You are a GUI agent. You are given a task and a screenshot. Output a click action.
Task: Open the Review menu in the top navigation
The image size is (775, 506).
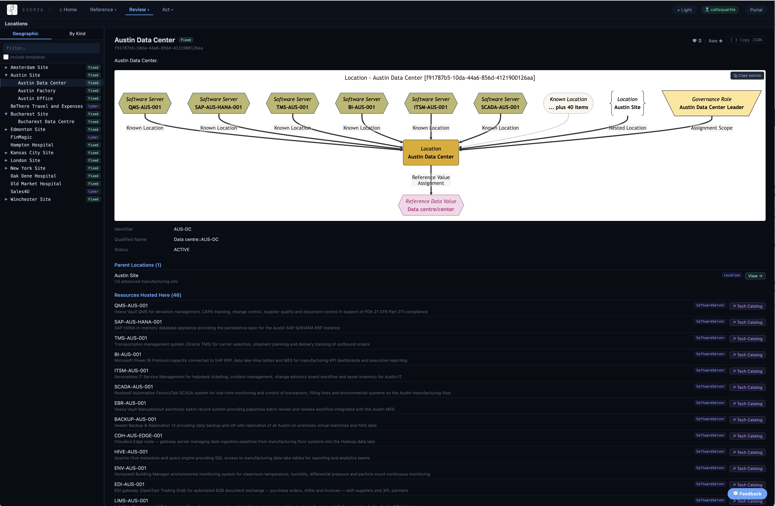[x=139, y=10]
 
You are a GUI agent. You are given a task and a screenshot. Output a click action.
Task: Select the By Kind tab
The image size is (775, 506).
[x=77, y=34]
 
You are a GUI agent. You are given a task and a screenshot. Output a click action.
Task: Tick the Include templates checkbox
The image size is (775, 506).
[x=6, y=57]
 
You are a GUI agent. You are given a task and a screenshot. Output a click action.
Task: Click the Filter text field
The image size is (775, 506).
[x=52, y=48]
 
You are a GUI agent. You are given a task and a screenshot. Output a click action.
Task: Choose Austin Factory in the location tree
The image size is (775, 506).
[x=37, y=91]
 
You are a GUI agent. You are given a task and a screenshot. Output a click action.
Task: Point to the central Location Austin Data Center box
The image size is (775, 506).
[x=431, y=153]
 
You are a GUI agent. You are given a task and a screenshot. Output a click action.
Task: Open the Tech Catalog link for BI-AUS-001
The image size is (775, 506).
[x=747, y=355]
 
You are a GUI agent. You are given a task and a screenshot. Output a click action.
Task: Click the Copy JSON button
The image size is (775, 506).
[x=746, y=40]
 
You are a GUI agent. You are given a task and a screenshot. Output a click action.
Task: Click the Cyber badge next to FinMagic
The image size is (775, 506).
[x=93, y=137]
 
